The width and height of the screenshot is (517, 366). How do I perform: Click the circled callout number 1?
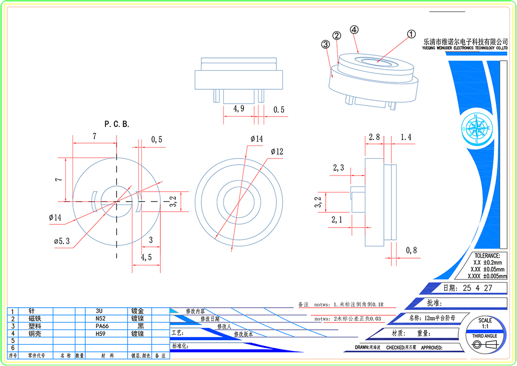(x=411, y=34)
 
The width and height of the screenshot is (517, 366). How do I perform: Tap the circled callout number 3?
(x=325, y=44)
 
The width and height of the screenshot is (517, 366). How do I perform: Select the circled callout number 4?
(x=354, y=29)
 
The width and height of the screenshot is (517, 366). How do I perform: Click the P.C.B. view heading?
(x=117, y=124)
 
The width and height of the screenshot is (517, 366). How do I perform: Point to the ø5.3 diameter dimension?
(x=62, y=241)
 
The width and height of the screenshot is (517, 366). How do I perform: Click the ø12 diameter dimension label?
(x=277, y=151)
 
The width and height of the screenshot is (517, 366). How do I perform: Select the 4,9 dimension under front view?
(x=239, y=109)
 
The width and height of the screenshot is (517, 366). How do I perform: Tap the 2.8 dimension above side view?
(x=374, y=137)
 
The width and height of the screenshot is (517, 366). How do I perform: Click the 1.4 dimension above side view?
(x=406, y=137)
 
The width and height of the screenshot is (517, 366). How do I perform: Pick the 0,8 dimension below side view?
(x=411, y=250)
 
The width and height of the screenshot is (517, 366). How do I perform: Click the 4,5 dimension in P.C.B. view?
(x=146, y=257)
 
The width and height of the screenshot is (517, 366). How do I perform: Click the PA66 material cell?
(x=102, y=326)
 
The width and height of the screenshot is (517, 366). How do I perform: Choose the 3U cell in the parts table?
(x=99, y=311)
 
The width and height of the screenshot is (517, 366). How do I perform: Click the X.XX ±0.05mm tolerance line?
(x=487, y=269)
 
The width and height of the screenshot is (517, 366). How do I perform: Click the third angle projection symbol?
(x=485, y=345)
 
